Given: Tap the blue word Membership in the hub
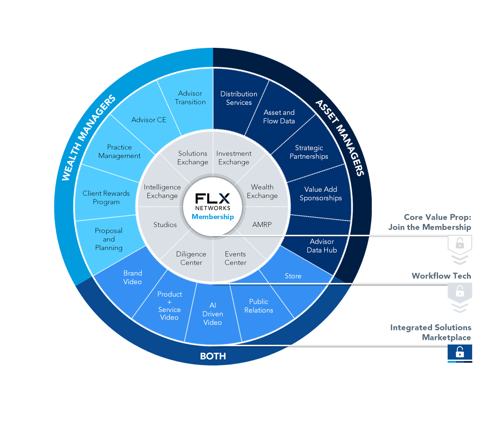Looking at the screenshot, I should [x=213, y=217].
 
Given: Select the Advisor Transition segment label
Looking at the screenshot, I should [x=190, y=98].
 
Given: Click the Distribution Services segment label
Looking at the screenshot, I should [x=239, y=98].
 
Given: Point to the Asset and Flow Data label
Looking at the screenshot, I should [x=279, y=117].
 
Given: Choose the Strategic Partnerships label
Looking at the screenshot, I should [x=309, y=152].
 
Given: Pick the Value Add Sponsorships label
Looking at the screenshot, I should [x=321, y=194].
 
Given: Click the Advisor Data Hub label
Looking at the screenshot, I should [x=322, y=246].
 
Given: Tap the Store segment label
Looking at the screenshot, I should [x=293, y=276].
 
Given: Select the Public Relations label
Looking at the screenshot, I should [x=259, y=306].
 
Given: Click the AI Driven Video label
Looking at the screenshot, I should [x=213, y=314].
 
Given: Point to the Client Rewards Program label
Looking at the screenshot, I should [x=106, y=197].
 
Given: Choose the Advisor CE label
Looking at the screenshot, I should [x=149, y=120].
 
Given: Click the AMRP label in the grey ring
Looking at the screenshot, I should [x=262, y=225].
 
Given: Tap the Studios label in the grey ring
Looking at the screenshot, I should [x=165, y=225].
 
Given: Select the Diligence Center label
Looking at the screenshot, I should [x=191, y=259].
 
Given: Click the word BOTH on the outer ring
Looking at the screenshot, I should [x=213, y=356].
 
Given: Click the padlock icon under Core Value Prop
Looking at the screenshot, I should [x=460, y=243].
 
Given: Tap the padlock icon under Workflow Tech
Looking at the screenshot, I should [x=460, y=291].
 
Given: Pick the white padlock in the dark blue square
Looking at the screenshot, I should [x=460, y=352].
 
